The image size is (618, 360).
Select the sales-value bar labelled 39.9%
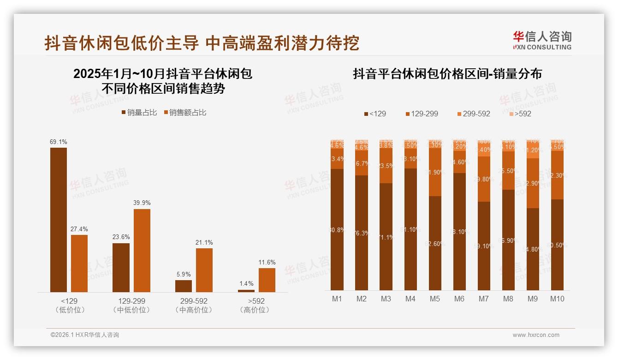[x=142, y=250]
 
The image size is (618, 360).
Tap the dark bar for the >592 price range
[x=246, y=291]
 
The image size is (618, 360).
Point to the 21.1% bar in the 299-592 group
[x=204, y=270]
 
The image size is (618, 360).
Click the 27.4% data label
[x=79, y=229]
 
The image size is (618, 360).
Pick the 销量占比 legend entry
[x=139, y=113]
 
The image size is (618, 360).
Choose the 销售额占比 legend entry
[x=185, y=113]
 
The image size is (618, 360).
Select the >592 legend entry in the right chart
[x=520, y=114]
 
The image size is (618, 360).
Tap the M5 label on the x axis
[x=434, y=299]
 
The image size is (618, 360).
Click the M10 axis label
[x=557, y=299]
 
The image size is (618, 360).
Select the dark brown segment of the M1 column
[x=337, y=229]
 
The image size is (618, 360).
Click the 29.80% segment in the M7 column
[x=484, y=179]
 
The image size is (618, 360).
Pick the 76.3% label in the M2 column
[x=362, y=233]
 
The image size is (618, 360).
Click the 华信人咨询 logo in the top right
[x=542, y=40]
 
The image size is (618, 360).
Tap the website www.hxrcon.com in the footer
[x=536, y=335]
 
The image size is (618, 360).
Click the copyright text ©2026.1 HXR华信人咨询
[x=85, y=335]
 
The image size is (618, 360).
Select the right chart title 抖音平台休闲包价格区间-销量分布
[x=447, y=74]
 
